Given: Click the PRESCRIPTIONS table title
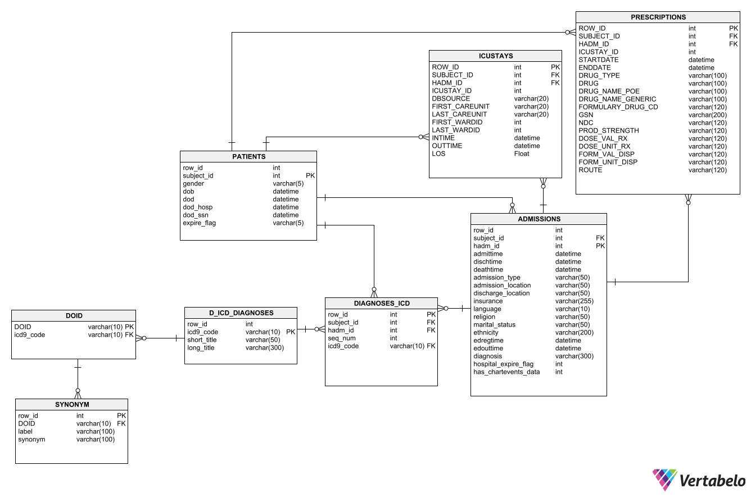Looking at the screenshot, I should (x=658, y=17).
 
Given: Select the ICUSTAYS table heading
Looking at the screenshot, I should (x=495, y=56).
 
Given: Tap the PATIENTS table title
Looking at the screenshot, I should (x=248, y=156).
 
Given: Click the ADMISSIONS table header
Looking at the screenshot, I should (x=539, y=219).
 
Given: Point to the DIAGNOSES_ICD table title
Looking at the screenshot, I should (x=381, y=303).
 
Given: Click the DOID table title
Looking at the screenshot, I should (x=74, y=315).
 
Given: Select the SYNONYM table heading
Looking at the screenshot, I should (x=71, y=404).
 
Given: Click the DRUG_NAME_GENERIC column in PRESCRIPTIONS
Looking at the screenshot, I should (x=609, y=99).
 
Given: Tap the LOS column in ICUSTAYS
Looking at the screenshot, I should (x=438, y=153).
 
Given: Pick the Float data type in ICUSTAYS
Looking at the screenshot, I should (x=522, y=153).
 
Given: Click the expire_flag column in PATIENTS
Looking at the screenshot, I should (x=199, y=223).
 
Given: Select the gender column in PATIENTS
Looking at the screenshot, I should (x=193, y=183).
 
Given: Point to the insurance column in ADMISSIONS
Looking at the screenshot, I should (x=488, y=301).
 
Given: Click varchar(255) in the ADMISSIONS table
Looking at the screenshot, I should (x=574, y=301).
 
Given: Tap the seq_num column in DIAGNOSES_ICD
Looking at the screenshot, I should (x=342, y=338).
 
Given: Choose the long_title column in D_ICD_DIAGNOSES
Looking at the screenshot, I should (x=201, y=347).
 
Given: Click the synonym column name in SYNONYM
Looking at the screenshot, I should (x=31, y=439).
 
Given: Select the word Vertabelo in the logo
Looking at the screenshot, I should (x=712, y=481).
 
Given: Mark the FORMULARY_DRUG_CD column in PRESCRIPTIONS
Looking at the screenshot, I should (x=618, y=107).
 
